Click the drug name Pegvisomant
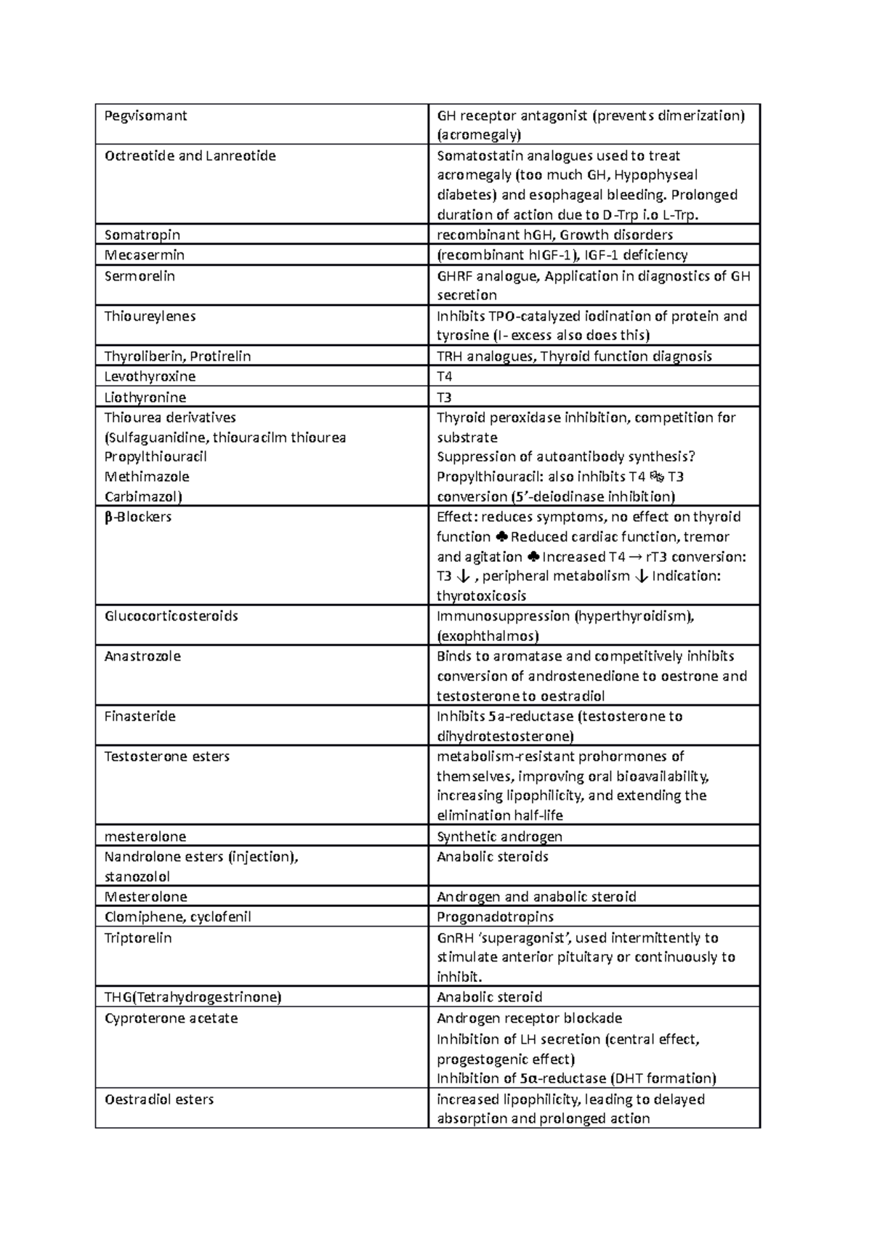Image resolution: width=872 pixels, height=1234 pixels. coord(145,116)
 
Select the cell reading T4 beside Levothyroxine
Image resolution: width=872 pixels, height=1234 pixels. coord(444,376)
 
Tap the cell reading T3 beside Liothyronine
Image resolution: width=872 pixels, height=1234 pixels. coord(444,398)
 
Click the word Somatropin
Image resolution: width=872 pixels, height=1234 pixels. coord(142,235)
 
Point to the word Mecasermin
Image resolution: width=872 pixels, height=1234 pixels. coord(145,255)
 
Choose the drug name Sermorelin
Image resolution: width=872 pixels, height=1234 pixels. coord(140,276)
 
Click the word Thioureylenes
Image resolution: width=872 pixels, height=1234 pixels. coord(150,316)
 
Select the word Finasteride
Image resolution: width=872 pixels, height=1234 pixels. coord(140,717)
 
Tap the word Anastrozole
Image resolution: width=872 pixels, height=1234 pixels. coord(142,656)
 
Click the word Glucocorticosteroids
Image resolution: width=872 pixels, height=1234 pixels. coord(171,616)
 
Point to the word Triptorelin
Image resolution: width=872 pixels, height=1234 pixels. coord(138,938)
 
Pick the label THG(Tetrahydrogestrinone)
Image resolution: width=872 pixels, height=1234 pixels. coord(193,997)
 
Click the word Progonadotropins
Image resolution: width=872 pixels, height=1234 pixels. coord(495,917)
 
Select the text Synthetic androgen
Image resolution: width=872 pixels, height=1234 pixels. coord(499,836)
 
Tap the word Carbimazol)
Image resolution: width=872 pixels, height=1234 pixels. coord(143,496)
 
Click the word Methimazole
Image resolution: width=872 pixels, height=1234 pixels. coord(147,477)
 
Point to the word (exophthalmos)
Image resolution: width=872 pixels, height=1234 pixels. coord(488,636)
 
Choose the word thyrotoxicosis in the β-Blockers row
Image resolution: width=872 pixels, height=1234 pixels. coord(481,596)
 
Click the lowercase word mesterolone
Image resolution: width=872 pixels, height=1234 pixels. coord(145,836)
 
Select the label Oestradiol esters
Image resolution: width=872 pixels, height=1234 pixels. coord(159,1100)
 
